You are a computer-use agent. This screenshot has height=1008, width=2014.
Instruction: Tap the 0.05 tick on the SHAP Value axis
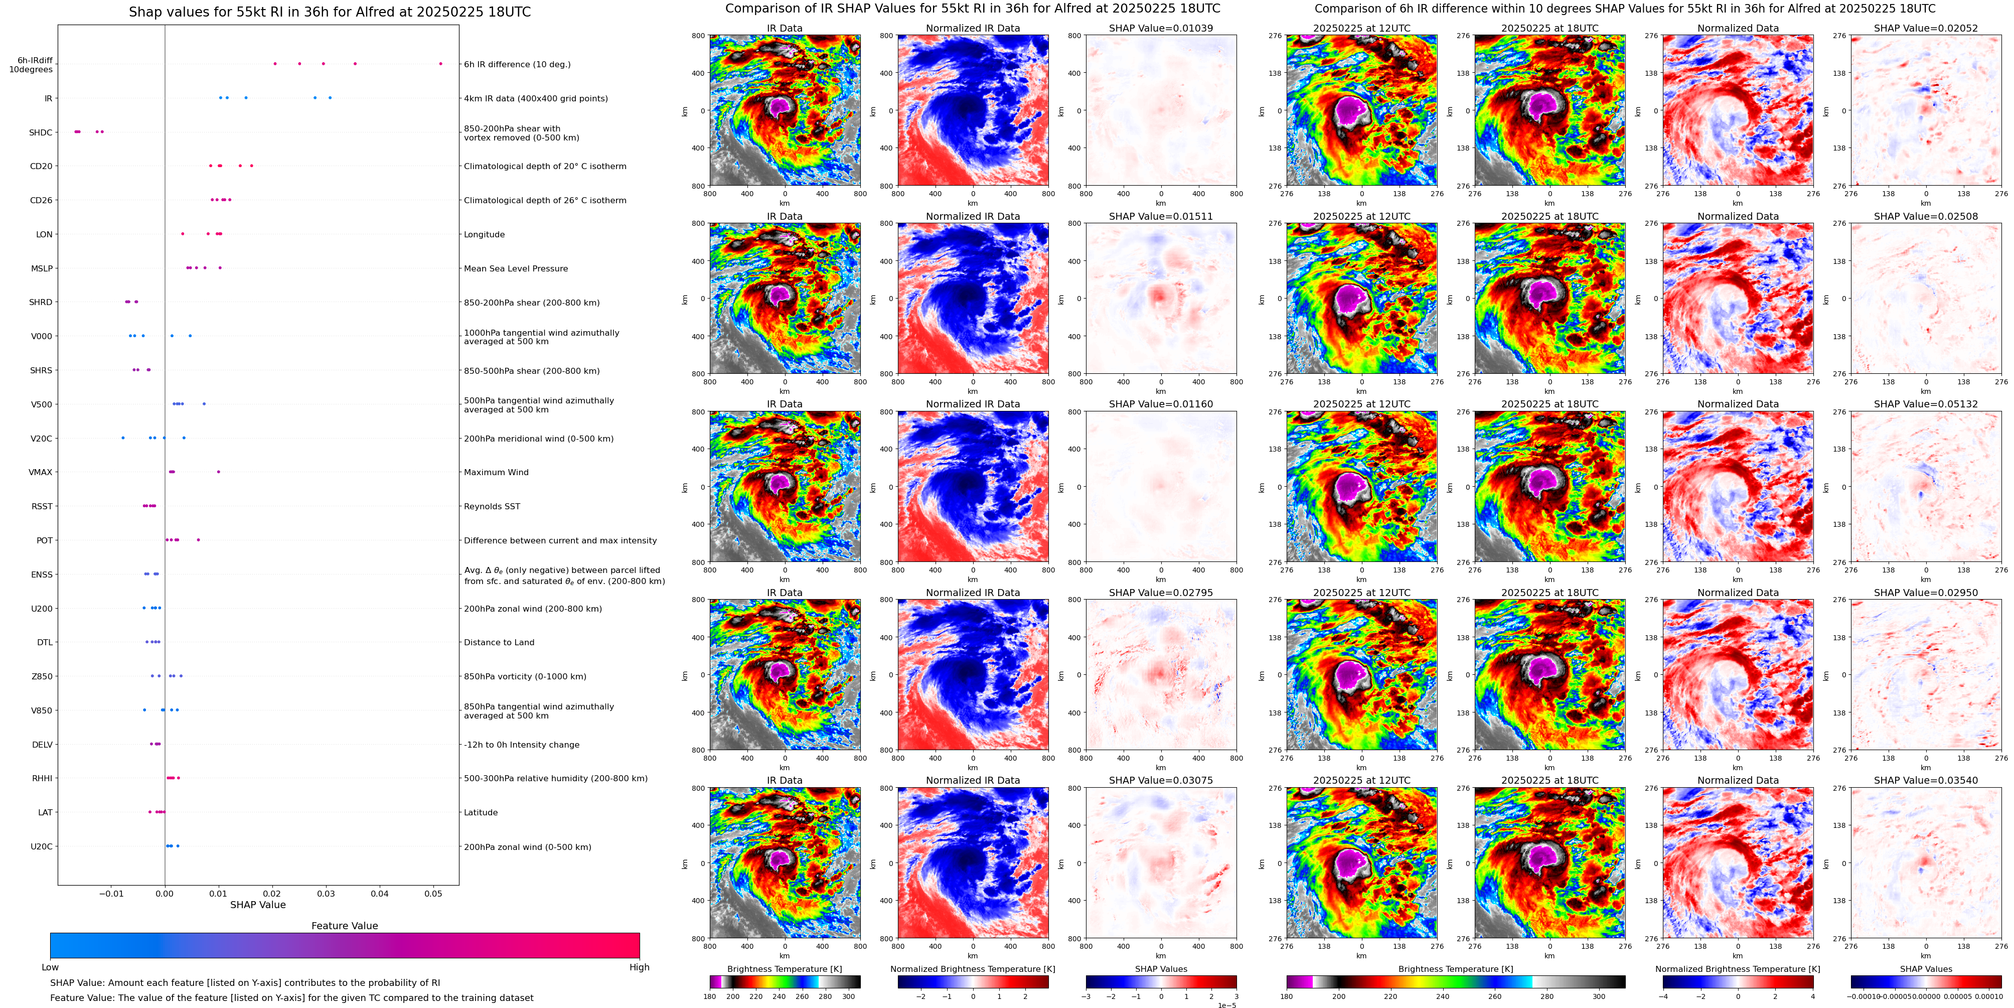433,894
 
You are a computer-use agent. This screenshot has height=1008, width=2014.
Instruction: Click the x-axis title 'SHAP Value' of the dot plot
258,905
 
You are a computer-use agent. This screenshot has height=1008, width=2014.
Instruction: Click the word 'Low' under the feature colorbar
50,967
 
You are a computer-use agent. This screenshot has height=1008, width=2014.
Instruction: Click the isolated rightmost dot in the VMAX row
218,472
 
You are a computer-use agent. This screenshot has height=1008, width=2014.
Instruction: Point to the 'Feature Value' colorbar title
344,926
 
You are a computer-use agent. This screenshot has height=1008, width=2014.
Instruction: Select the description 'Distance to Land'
499,643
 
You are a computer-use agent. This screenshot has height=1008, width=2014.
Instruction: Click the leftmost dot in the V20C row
123,438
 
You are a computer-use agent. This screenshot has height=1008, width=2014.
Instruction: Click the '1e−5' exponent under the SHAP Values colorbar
1226,1005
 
